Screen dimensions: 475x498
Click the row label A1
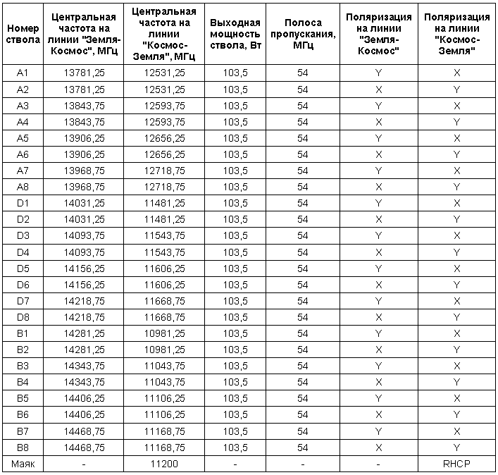pyautogui.click(x=23, y=73)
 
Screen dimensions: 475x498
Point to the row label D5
pyautogui.click(x=23, y=269)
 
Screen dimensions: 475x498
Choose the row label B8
pyautogui.click(x=23, y=448)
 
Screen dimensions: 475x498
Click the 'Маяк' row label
pyautogui.click(x=23, y=464)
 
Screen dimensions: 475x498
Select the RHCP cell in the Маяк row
pyautogui.click(x=456, y=464)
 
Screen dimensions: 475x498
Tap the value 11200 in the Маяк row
pyautogui.click(x=166, y=464)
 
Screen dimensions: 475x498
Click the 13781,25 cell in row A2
pyautogui.click(x=84, y=90)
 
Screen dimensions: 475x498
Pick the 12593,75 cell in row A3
pyautogui.click(x=166, y=106)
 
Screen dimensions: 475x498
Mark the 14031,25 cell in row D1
pyautogui.click(x=84, y=204)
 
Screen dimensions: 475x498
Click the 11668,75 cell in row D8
pyautogui.click(x=166, y=317)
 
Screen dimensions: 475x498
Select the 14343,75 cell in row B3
pyautogui.click(x=84, y=366)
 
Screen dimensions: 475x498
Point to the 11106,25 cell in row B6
pyautogui.click(x=166, y=415)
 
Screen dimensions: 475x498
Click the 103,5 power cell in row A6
pyautogui.click(x=235, y=154)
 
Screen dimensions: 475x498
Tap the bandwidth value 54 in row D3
pyautogui.click(x=302, y=236)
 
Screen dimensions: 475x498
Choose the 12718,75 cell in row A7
pyautogui.click(x=166, y=171)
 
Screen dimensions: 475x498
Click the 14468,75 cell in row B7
pyautogui.click(x=84, y=431)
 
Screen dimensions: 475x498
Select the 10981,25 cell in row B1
pyautogui.click(x=166, y=333)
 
